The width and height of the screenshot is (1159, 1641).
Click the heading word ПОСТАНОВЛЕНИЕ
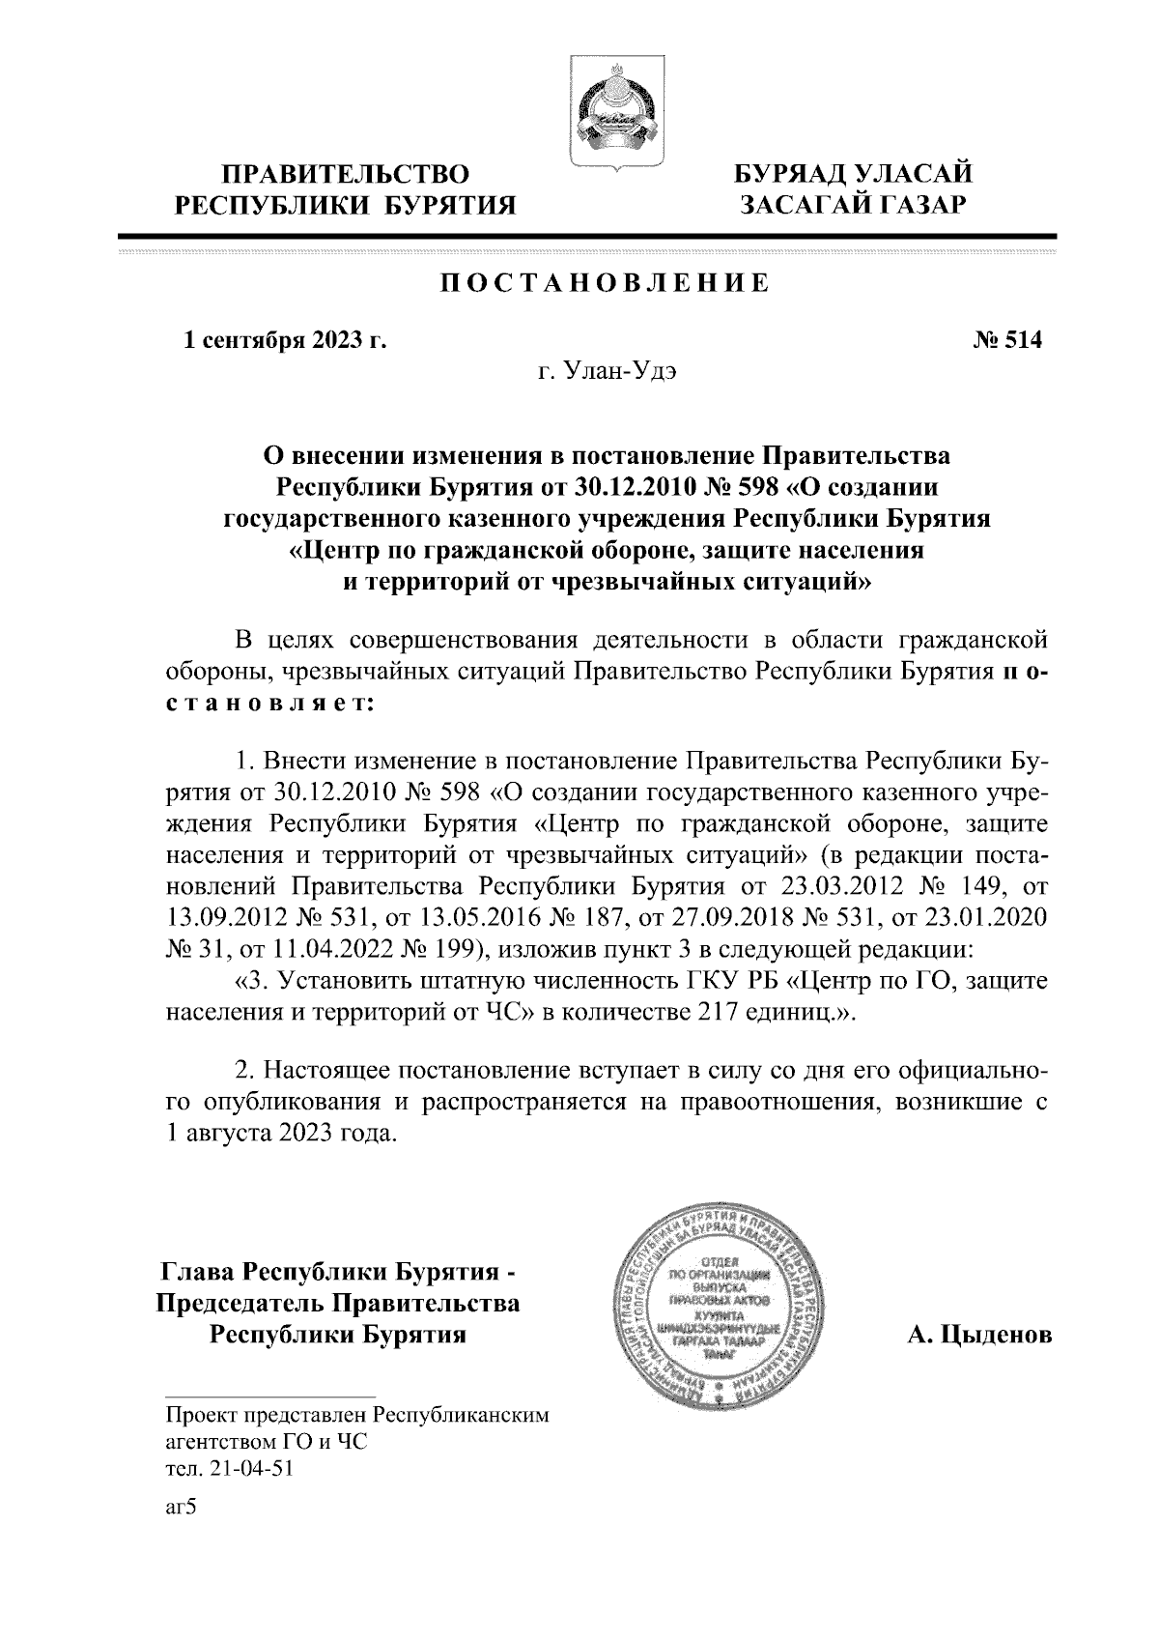[605, 283]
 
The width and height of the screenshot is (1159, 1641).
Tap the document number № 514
[1004, 340]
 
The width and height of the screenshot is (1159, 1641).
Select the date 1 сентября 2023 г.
[285, 340]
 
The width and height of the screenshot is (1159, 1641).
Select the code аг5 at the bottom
[181, 1509]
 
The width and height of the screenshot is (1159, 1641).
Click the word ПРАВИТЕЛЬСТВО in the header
[347, 175]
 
